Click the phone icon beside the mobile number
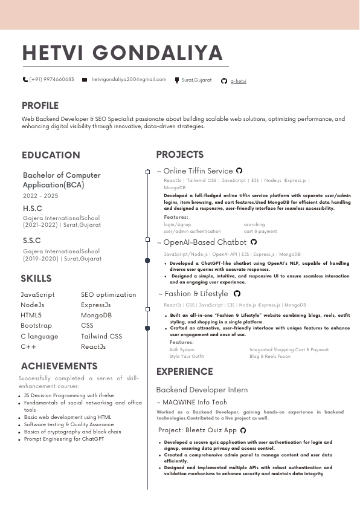[x=25, y=79]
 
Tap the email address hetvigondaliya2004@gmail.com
[x=129, y=79]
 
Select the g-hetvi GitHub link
[x=239, y=80]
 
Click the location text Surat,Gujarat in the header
[x=196, y=80]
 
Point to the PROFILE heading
[x=40, y=106]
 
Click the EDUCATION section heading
[x=51, y=155]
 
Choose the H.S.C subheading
[x=32, y=209]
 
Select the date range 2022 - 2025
[x=40, y=196]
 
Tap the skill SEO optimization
[x=109, y=295]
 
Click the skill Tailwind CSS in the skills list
[x=101, y=336]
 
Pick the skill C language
[x=39, y=336]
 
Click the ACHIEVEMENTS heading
[x=59, y=366]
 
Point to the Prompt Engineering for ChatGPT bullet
[x=64, y=439]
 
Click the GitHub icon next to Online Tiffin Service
[x=239, y=171]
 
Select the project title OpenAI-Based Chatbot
[x=205, y=242]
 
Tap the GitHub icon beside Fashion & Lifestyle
[x=237, y=294]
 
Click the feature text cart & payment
[x=260, y=231]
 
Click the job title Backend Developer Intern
[x=202, y=390]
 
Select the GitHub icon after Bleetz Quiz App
[x=243, y=430]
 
